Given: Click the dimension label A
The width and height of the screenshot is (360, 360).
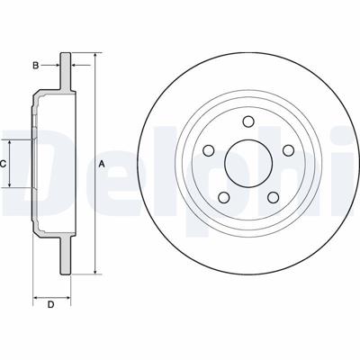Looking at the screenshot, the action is [x=102, y=164].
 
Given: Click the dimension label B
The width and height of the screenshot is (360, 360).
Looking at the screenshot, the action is [x=36, y=65].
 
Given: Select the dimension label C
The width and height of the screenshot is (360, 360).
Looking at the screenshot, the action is [x=3, y=164].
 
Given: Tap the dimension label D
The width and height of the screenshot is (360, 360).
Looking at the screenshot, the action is [x=51, y=305].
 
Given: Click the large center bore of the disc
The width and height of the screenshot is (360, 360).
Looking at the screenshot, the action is [x=248, y=164].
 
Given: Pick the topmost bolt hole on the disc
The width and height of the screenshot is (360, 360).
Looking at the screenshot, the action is [x=248, y=121].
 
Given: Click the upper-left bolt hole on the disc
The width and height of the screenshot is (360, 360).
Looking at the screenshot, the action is [x=209, y=150].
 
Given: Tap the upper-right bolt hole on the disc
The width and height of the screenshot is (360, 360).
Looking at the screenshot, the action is [x=288, y=150].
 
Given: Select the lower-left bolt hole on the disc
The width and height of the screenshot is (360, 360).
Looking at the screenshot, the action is [x=223, y=197].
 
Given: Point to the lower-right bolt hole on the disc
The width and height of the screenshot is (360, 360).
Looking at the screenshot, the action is [x=273, y=197].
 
